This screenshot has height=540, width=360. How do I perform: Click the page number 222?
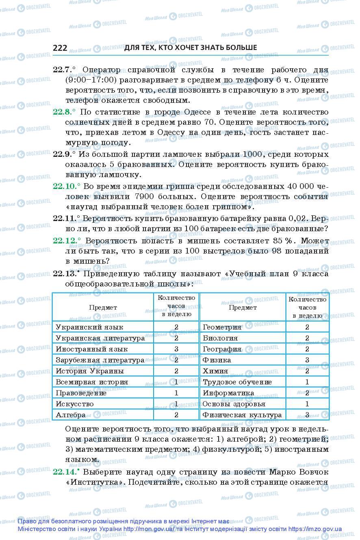pos(60,48)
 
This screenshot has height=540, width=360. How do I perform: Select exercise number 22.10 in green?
pos(65,186)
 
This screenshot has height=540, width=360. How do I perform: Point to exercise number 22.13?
pos(65,273)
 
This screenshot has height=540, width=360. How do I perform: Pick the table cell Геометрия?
pos(222,327)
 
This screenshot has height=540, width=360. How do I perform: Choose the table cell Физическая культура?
pos(242,415)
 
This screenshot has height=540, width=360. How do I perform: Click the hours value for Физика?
pos(307,360)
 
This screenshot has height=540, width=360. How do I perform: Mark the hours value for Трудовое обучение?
pos(307,382)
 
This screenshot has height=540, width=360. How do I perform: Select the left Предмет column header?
pos(103,308)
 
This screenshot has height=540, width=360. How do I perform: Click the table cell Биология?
pos(220,338)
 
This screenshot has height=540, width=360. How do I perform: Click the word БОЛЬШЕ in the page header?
pos(241,48)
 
